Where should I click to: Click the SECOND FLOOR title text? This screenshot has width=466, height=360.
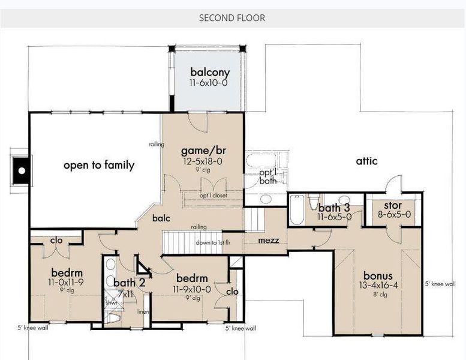pyautogui.click(x=232, y=18)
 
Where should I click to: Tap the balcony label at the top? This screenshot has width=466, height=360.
pyautogui.click(x=210, y=73)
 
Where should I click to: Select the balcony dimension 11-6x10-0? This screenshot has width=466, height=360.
pyautogui.click(x=209, y=83)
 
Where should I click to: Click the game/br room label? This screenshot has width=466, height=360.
pyautogui.click(x=203, y=150)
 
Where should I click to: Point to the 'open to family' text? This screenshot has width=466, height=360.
pyautogui.click(x=99, y=165)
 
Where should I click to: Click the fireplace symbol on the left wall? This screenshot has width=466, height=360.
pyautogui.click(x=22, y=171)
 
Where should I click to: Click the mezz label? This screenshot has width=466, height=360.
pyautogui.click(x=268, y=241)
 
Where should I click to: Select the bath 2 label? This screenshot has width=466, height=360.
pyautogui.click(x=129, y=282)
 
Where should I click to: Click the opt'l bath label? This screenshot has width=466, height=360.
pyautogui.click(x=268, y=176)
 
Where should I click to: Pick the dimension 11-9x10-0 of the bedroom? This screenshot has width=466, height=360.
pyautogui.click(x=192, y=289)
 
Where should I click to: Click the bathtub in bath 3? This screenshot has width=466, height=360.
pyautogui.click(x=296, y=210)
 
